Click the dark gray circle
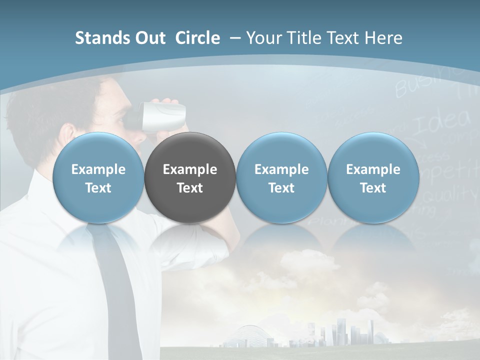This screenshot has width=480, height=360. (190, 177)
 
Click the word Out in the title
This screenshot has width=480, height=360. (148, 38)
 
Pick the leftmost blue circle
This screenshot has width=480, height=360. (98, 177)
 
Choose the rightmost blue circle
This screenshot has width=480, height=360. (373, 177)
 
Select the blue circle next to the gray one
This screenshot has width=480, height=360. (281, 177)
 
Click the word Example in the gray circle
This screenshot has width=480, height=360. (190, 169)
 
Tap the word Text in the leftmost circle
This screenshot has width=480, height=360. (98, 188)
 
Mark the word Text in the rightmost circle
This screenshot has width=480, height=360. (373, 188)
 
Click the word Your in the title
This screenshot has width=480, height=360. (263, 38)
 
